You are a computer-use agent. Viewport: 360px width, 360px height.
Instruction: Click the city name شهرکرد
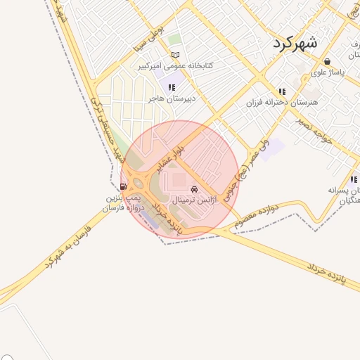(295, 42)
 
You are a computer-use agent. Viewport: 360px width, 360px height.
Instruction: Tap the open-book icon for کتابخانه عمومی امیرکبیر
(176, 55)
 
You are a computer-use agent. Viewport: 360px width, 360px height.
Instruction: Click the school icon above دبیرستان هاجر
(172, 88)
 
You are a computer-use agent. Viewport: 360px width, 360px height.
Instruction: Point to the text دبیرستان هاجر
(171, 99)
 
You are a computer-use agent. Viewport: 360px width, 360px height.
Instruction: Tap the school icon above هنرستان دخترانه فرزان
(282, 91)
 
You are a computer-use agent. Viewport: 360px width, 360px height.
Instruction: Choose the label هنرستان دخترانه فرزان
(282, 103)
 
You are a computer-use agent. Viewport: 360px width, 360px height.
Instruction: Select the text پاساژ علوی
(327, 73)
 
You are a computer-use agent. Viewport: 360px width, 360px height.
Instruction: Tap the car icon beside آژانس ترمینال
(194, 189)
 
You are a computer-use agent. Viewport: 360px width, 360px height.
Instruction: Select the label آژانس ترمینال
(191, 200)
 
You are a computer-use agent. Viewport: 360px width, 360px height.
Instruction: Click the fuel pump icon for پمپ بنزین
(124, 186)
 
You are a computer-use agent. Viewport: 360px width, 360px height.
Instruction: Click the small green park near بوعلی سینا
(174, 39)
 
